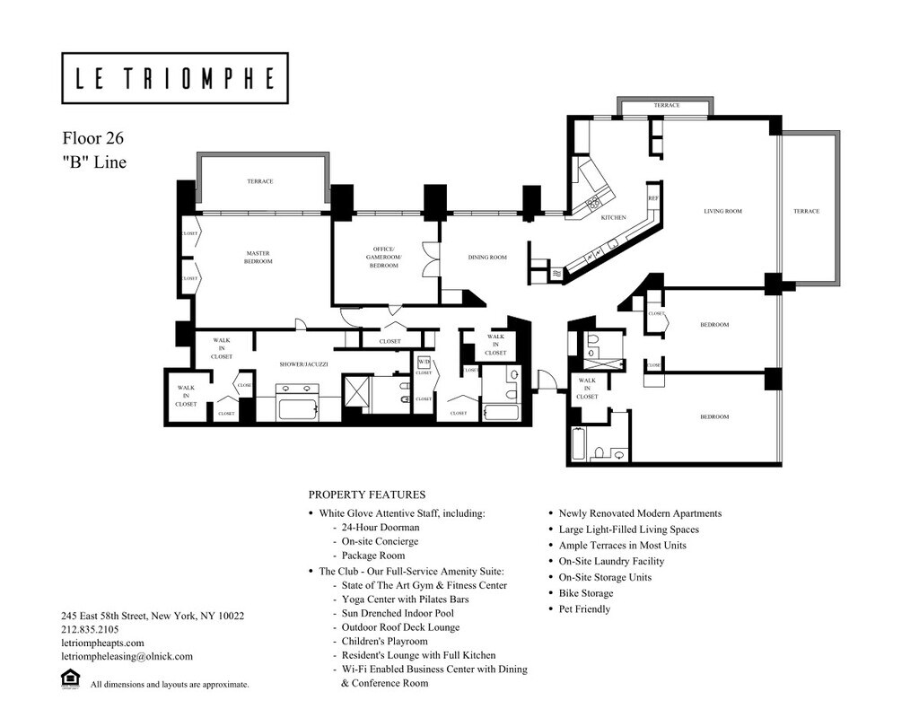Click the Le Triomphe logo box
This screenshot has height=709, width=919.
(x=175, y=78)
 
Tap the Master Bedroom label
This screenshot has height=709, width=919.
(x=258, y=257)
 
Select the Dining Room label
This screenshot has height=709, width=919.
(x=487, y=258)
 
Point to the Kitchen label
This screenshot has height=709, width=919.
(x=613, y=218)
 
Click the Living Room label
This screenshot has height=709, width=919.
(x=722, y=212)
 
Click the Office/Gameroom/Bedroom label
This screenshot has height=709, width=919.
(x=385, y=257)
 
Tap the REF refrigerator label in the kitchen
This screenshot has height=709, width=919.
(x=653, y=197)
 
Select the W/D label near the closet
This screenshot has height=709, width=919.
(x=424, y=363)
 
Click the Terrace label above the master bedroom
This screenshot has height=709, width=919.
(x=260, y=181)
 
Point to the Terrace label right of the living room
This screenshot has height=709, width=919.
(x=806, y=212)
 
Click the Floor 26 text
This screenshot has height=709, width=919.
(x=92, y=139)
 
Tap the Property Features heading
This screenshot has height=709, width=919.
(x=366, y=495)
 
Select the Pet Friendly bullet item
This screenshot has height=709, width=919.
(x=584, y=609)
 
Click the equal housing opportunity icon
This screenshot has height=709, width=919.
(x=70, y=679)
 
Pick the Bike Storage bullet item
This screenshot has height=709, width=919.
(x=586, y=593)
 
